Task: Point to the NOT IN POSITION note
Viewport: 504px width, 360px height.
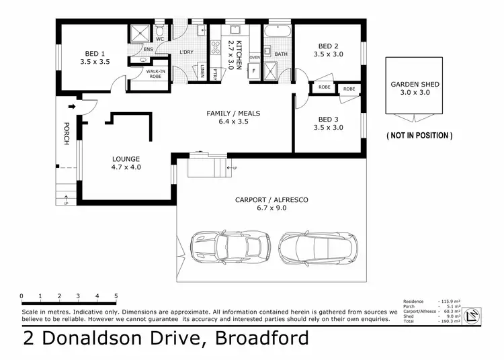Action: (419, 136)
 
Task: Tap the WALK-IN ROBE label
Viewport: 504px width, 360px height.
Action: (155, 75)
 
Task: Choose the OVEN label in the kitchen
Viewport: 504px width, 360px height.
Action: (255, 58)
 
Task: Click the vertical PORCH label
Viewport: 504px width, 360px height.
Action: (66, 133)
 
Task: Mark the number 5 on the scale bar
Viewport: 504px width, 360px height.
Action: (116, 296)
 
